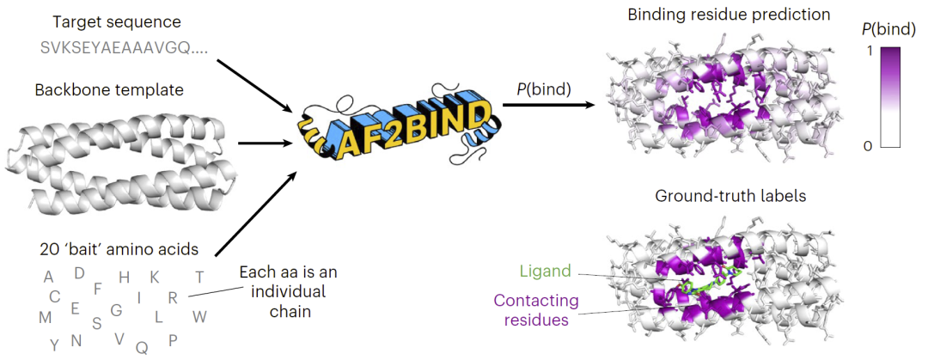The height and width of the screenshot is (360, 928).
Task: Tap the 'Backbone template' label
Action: pos(109,89)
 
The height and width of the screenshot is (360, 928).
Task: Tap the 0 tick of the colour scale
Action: pos(867,147)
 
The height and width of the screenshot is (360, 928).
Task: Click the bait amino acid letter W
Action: pos(199,316)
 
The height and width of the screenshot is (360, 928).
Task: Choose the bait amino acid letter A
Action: pos(48,277)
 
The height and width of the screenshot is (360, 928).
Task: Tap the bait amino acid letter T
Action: pos(199,277)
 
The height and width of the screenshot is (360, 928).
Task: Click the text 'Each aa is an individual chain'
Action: pos(288,292)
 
